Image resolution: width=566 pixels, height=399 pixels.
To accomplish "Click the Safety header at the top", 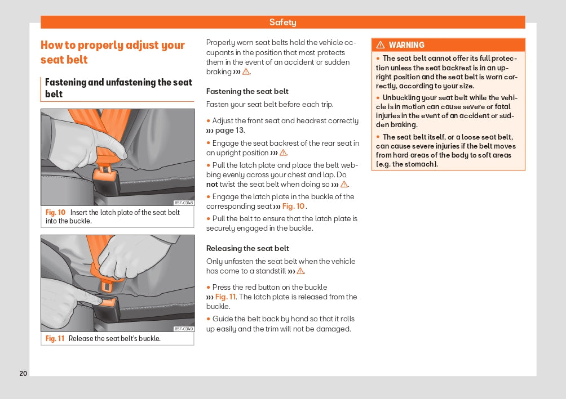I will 282,23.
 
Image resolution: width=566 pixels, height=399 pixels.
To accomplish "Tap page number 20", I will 23,374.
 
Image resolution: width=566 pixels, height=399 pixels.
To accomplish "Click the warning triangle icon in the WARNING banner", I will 381,45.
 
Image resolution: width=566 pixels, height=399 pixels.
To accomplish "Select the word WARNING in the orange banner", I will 406,45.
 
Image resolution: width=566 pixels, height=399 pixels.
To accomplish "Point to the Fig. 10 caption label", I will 55,213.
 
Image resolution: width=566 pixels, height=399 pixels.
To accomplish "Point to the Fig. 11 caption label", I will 55,339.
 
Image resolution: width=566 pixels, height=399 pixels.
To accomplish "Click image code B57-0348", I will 184,203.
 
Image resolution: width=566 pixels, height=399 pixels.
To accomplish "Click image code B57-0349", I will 184,329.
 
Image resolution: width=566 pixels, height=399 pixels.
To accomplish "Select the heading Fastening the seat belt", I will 247,91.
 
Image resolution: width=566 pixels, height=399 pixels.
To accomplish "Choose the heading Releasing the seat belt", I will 247,248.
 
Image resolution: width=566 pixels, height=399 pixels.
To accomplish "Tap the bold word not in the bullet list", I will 212,185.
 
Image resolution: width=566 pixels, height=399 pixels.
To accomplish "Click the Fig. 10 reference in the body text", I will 293,207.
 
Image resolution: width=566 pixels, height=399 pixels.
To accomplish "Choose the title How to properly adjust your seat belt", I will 113,52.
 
